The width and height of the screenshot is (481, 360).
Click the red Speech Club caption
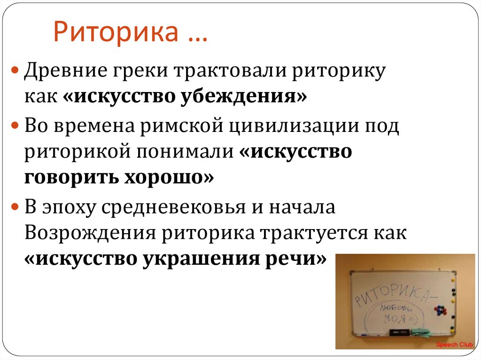(455, 345)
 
